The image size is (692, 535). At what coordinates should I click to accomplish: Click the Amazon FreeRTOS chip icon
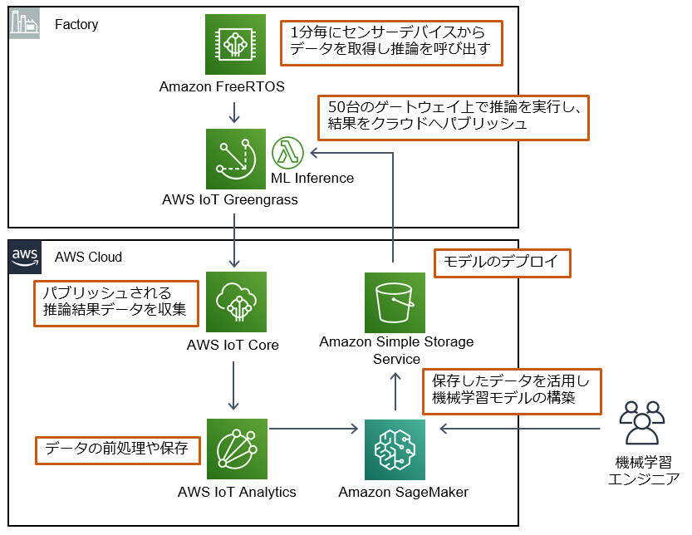pos(235,45)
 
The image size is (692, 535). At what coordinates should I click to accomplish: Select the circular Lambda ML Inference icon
pos(287,153)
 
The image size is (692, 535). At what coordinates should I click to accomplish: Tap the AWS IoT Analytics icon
pos(235,449)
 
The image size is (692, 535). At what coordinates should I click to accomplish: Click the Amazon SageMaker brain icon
pos(395,449)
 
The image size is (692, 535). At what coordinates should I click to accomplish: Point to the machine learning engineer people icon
pos(642,424)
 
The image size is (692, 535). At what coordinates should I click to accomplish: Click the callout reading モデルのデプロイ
pos(503,263)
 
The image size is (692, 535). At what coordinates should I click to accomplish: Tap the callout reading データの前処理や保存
pos(117,449)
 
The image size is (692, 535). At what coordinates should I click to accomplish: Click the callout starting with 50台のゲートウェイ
pos(453,117)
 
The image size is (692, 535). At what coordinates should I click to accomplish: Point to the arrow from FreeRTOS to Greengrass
pos(235,111)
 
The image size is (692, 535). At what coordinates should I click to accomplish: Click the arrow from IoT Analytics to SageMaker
pos(317,429)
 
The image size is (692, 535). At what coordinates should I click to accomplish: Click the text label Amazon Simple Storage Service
pos(396,351)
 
